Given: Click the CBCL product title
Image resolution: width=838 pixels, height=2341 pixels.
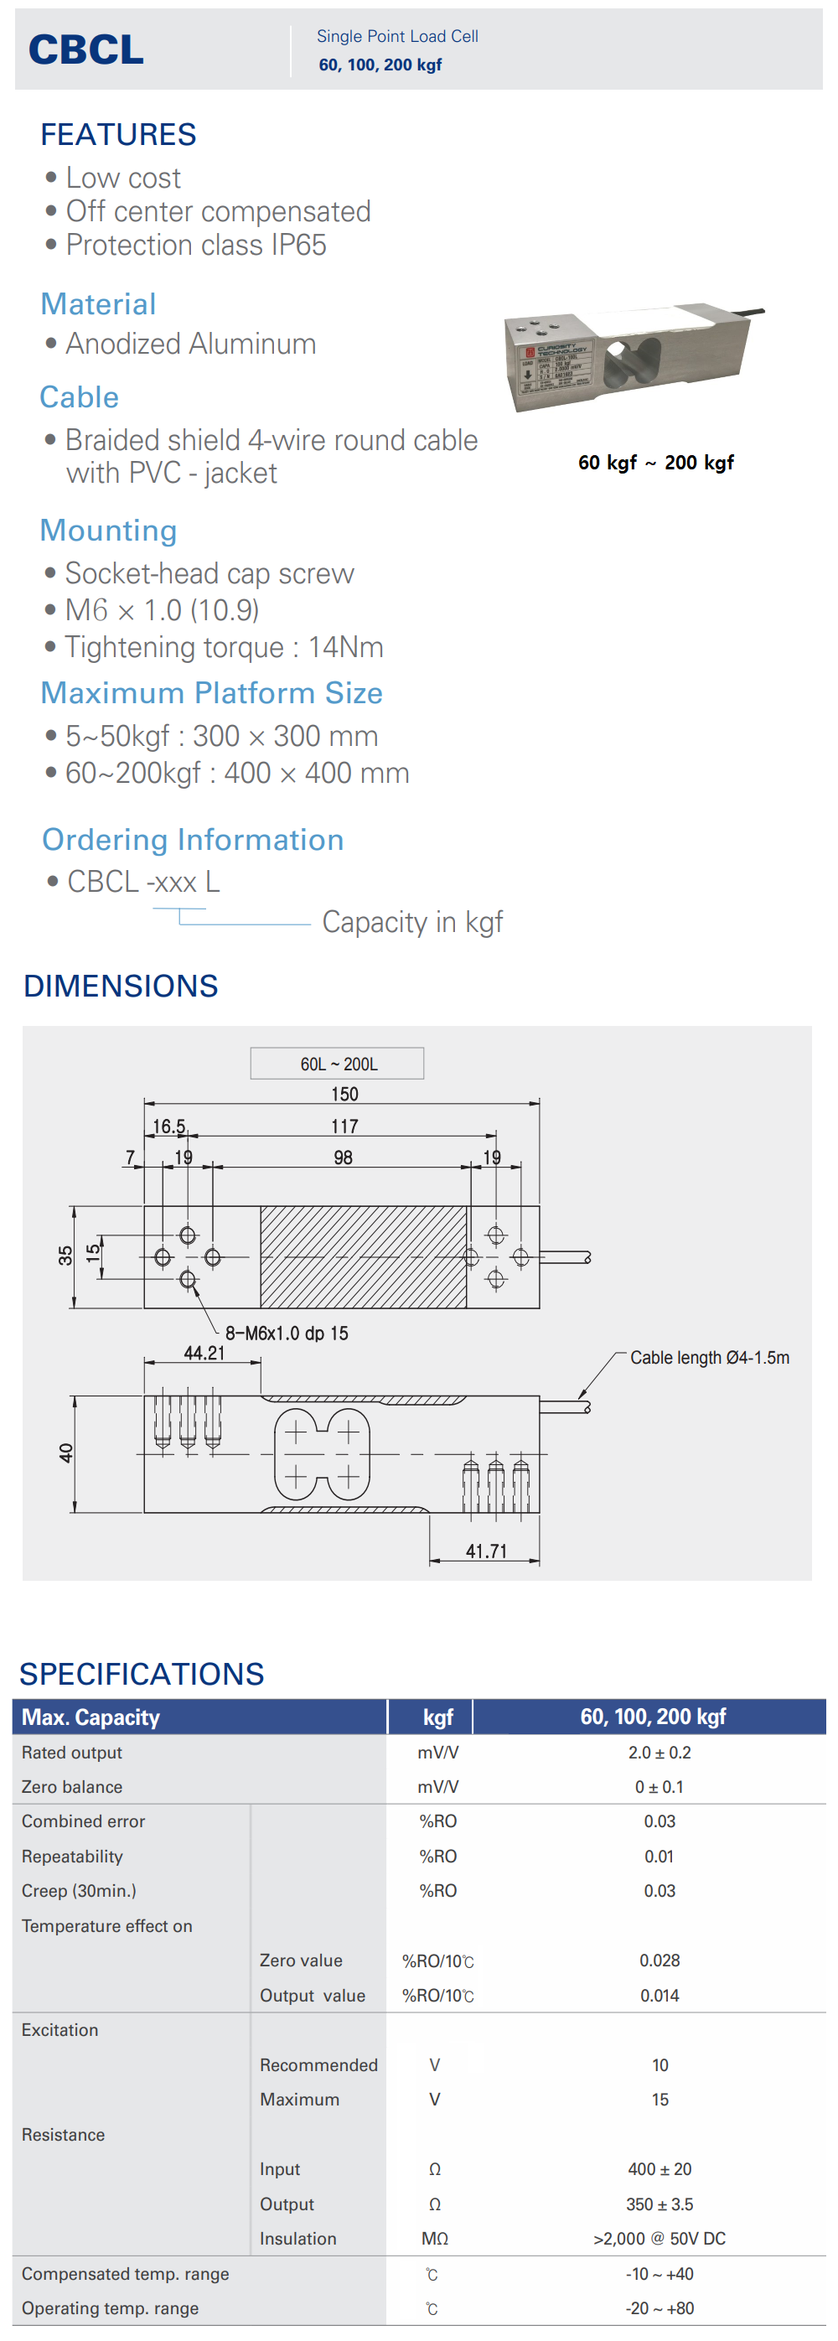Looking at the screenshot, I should pyautogui.click(x=86, y=49).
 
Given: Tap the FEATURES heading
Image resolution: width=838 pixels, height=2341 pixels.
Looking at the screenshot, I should pyautogui.click(x=118, y=134).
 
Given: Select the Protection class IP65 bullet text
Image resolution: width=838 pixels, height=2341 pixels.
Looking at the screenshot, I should pyautogui.click(x=195, y=246).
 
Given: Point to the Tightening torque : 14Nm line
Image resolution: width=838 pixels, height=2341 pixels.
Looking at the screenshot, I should pyautogui.click(x=224, y=647).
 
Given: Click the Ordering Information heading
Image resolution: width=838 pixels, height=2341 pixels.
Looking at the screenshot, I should pyautogui.click(x=193, y=840).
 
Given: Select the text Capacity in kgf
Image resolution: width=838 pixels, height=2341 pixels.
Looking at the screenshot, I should pyautogui.click(x=411, y=923).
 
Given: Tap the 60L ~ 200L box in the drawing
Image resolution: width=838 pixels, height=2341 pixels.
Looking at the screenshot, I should pyautogui.click(x=337, y=1064).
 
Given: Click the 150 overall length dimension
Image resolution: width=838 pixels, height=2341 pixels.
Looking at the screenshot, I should pyautogui.click(x=344, y=1094).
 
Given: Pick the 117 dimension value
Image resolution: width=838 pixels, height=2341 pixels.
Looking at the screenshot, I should pyautogui.click(x=344, y=1126).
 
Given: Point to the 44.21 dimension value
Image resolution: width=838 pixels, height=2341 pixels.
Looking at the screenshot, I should pyautogui.click(x=204, y=1353).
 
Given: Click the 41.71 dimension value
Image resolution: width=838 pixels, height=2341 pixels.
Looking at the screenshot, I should pyautogui.click(x=486, y=1551).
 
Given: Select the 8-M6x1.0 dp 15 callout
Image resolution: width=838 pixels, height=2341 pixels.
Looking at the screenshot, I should pyautogui.click(x=287, y=1334).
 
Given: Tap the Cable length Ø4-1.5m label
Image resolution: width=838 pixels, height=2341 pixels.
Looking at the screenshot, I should pyautogui.click(x=709, y=1358).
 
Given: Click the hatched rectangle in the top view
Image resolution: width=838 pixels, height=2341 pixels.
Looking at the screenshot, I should pyautogui.click(x=364, y=1257).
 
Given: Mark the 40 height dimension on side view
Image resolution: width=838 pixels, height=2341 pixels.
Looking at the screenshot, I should pyautogui.click(x=65, y=1453).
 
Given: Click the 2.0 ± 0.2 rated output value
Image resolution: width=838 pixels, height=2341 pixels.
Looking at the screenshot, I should pyautogui.click(x=659, y=1753).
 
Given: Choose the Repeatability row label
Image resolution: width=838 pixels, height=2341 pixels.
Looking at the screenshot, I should pyautogui.click(x=72, y=1857).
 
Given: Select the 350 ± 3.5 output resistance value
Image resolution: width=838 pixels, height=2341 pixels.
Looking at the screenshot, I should pyautogui.click(x=659, y=2204).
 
